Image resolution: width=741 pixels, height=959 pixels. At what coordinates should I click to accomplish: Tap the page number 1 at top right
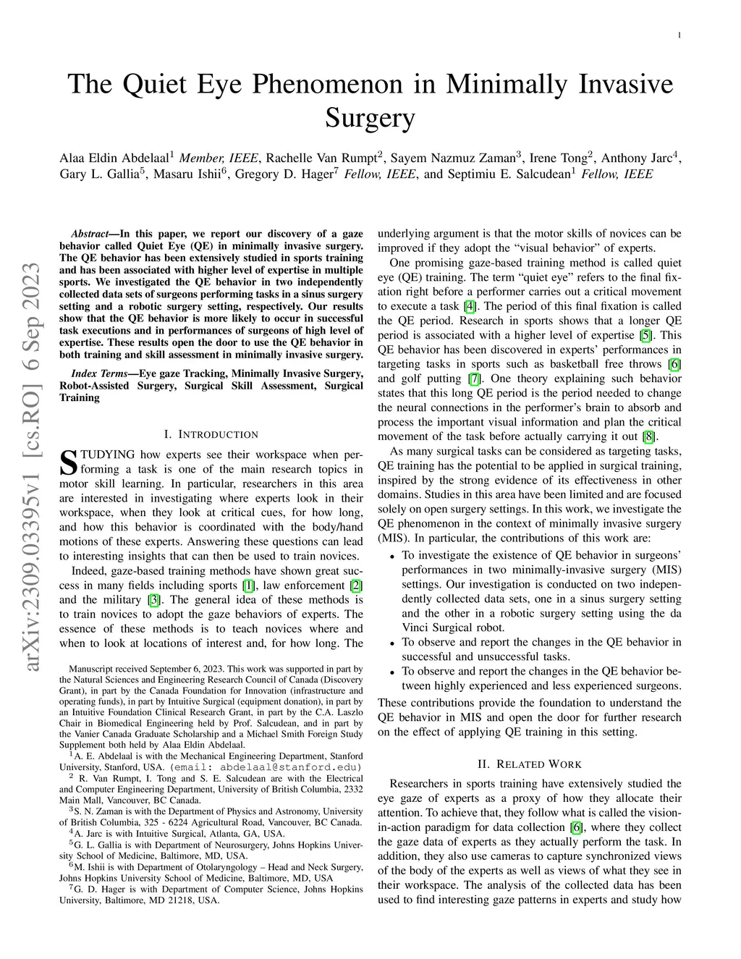point(679,35)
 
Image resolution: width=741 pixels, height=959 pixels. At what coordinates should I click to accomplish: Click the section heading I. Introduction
point(211,434)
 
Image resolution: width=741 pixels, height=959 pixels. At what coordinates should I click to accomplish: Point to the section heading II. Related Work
point(530,764)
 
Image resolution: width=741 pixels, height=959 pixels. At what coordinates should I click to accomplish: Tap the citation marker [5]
point(645,335)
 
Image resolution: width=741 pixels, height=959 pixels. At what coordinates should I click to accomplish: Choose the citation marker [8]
point(649,436)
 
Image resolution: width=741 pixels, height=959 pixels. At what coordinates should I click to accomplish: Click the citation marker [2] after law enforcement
point(356,585)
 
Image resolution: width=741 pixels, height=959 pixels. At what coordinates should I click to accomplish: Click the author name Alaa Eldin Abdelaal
point(116,157)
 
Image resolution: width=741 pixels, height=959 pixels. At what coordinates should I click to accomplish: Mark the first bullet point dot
point(391,557)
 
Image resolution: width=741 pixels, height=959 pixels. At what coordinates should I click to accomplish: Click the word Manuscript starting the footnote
point(89,669)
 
